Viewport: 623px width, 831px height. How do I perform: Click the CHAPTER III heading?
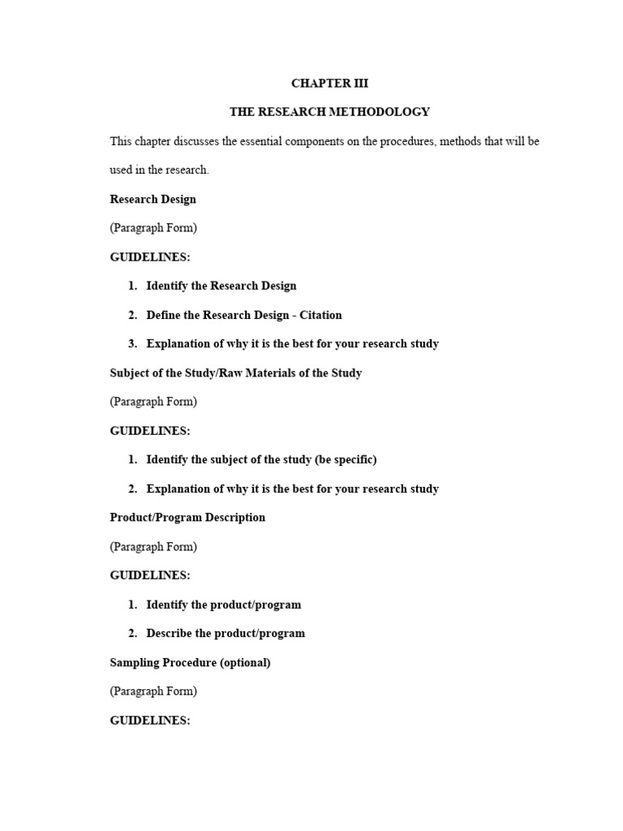coord(329,83)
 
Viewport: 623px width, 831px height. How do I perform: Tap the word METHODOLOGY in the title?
coord(380,112)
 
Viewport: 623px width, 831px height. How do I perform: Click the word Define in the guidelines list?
coord(163,315)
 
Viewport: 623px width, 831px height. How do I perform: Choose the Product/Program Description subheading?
coord(187,518)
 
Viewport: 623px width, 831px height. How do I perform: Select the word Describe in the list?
coord(169,634)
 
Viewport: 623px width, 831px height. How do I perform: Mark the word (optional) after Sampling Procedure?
coord(245,662)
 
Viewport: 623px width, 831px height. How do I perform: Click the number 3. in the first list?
coord(133,344)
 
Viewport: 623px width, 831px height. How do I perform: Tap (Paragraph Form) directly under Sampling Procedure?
coord(153,691)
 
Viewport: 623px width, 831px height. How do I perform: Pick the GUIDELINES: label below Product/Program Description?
coord(150,575)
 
